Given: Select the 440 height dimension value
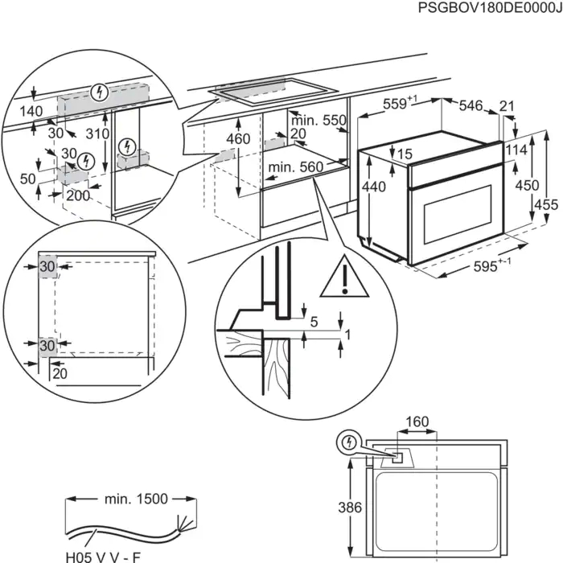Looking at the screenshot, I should click(369, 187).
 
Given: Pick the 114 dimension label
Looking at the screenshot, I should click(518, 150).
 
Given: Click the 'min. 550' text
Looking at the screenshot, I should click(318, 121).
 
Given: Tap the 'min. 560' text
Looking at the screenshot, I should click(296, 167).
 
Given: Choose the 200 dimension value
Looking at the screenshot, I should click(78, 195).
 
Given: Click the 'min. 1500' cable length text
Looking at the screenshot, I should click(136, 499).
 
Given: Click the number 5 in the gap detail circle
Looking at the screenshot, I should click(314, 322).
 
